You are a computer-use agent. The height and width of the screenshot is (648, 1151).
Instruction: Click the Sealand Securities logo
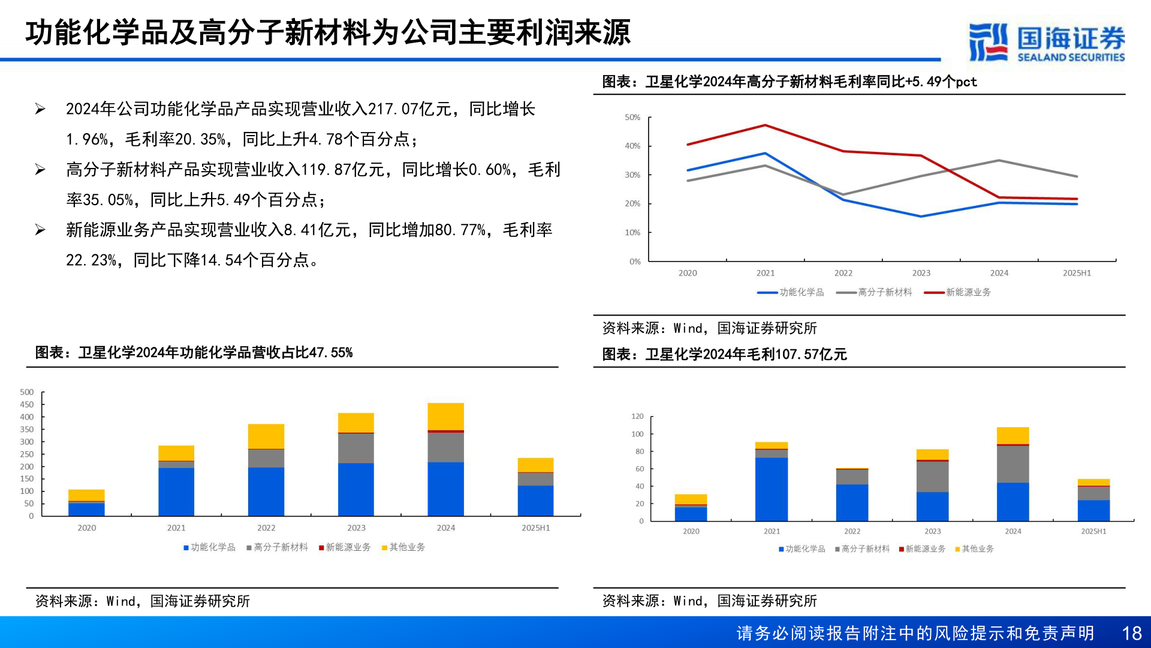[1046, 42]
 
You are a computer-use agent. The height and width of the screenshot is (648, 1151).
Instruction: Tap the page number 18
[1131, 634]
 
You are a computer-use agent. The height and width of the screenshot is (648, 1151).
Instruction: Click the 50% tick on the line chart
[632, 118]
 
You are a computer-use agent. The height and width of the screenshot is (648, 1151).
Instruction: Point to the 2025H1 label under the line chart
[1077, 273]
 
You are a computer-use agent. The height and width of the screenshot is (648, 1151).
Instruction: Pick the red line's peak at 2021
[765, 125]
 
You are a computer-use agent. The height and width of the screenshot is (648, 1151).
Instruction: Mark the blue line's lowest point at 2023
[921, 217]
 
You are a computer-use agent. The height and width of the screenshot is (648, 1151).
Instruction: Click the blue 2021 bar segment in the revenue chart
[176, 491]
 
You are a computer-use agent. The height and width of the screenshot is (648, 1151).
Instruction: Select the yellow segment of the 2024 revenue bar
[445, 416]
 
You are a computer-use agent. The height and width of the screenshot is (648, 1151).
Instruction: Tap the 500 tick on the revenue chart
[27, 392]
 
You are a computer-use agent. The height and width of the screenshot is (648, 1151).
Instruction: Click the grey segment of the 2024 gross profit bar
[1013, 464]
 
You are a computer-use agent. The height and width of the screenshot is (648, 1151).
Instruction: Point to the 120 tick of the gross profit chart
[637, 416]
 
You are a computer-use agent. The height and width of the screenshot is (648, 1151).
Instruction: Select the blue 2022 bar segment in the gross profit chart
[852, 502]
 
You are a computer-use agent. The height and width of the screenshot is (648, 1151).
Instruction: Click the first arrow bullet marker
[40, 109]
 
